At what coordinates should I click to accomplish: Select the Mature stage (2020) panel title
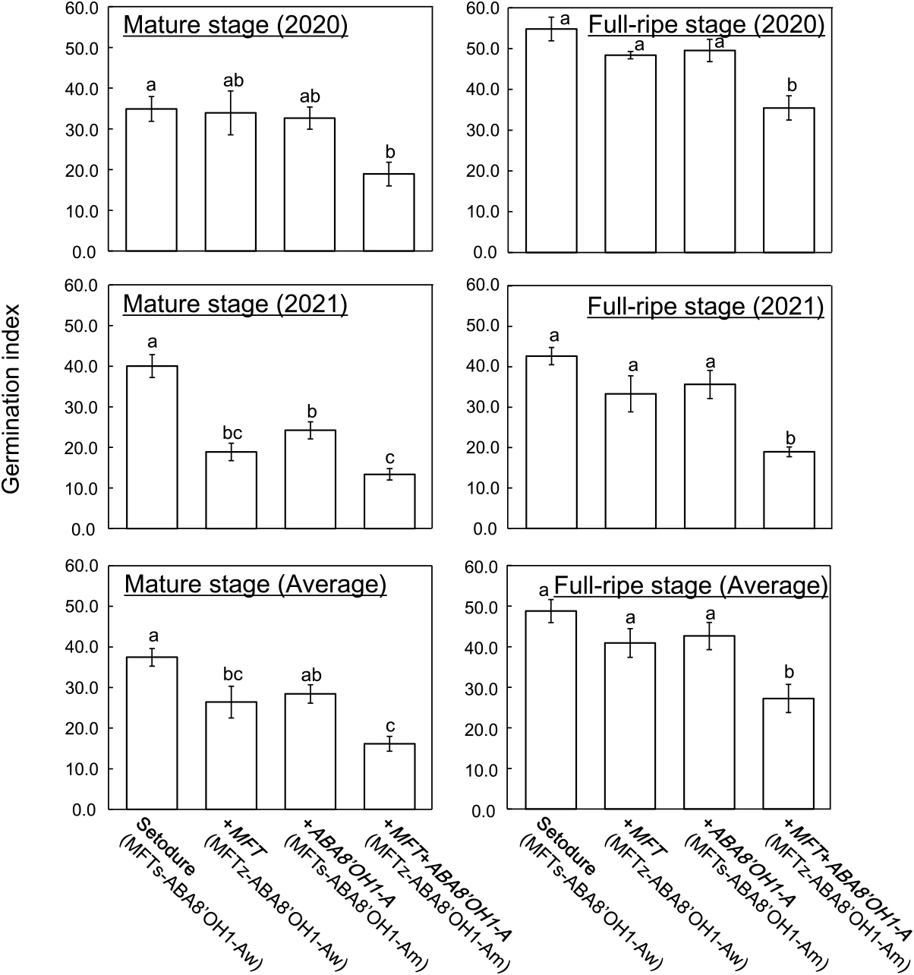(x=235, y=25)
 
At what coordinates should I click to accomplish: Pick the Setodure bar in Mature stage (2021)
(x=152, y=447)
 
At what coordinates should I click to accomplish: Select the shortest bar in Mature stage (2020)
(x=389, y=213)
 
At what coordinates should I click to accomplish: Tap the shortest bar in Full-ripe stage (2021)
(x=789, y=490)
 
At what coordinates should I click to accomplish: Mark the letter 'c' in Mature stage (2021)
(x=389, y=456)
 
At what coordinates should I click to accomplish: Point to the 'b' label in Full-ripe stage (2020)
(x=789, y=84)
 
